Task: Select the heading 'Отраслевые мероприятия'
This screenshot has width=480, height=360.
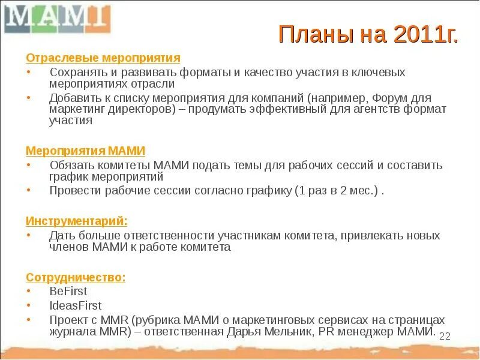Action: [103, 58]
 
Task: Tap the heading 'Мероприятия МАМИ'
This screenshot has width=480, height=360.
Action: [85, 151]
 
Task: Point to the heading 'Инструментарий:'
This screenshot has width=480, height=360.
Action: [76, 221]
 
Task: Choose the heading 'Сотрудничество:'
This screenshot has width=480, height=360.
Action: [76, 277]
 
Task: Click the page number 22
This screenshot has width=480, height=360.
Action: [445, 336]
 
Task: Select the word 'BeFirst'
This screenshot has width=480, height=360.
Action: [68, 291]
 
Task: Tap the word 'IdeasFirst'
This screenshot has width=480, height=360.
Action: [76, 305]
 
